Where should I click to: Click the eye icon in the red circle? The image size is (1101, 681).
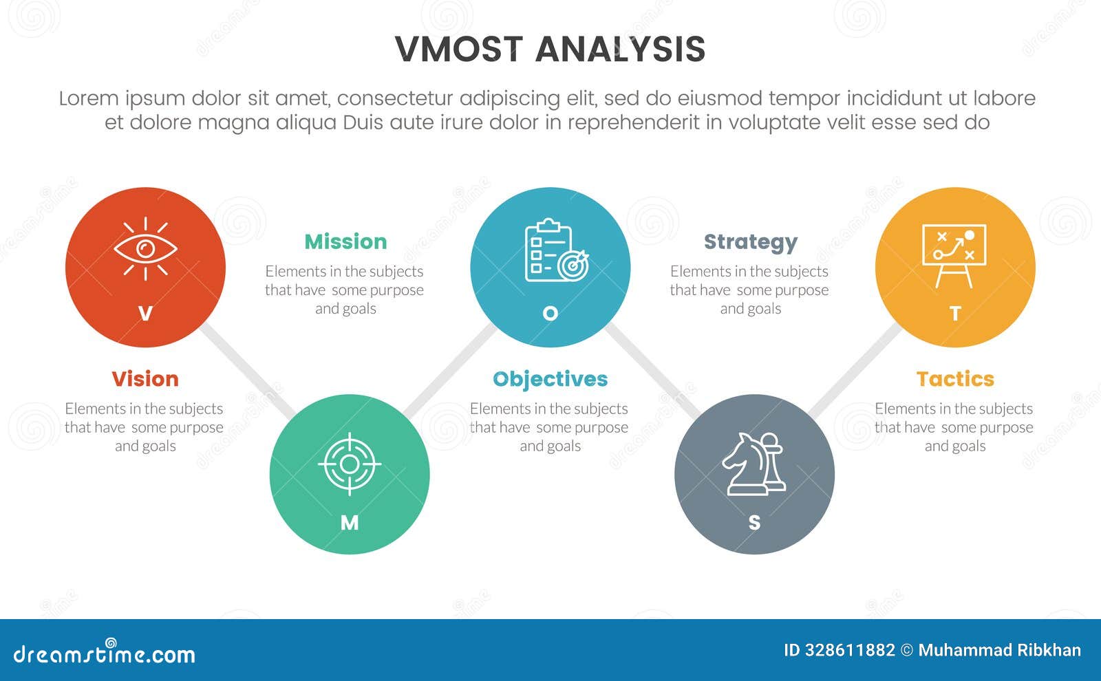coord(145,249)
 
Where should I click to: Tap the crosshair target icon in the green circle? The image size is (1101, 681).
coord(350,464)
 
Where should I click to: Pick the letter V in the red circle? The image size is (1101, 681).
coord(145,314)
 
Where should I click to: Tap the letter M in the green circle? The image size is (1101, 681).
coord(350,523)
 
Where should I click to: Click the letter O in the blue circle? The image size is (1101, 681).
coord(550,314)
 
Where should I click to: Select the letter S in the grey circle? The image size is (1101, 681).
coord(754,523)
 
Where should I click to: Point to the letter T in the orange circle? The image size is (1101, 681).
coord(955,314)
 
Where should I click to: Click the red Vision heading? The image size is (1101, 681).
coord(145,379)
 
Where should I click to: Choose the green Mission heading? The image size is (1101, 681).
coord(345,241)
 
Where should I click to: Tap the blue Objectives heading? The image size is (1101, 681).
coord(550,379)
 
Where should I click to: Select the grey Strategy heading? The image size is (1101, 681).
coord(750,242)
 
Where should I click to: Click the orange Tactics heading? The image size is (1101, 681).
coord(955,379)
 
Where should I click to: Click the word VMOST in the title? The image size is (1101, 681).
coord(459,50)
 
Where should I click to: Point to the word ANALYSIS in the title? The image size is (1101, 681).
coord(620,50)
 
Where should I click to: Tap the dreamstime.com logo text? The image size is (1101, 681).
coord(105,653)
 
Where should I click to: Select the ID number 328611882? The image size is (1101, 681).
coord(849,650)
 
